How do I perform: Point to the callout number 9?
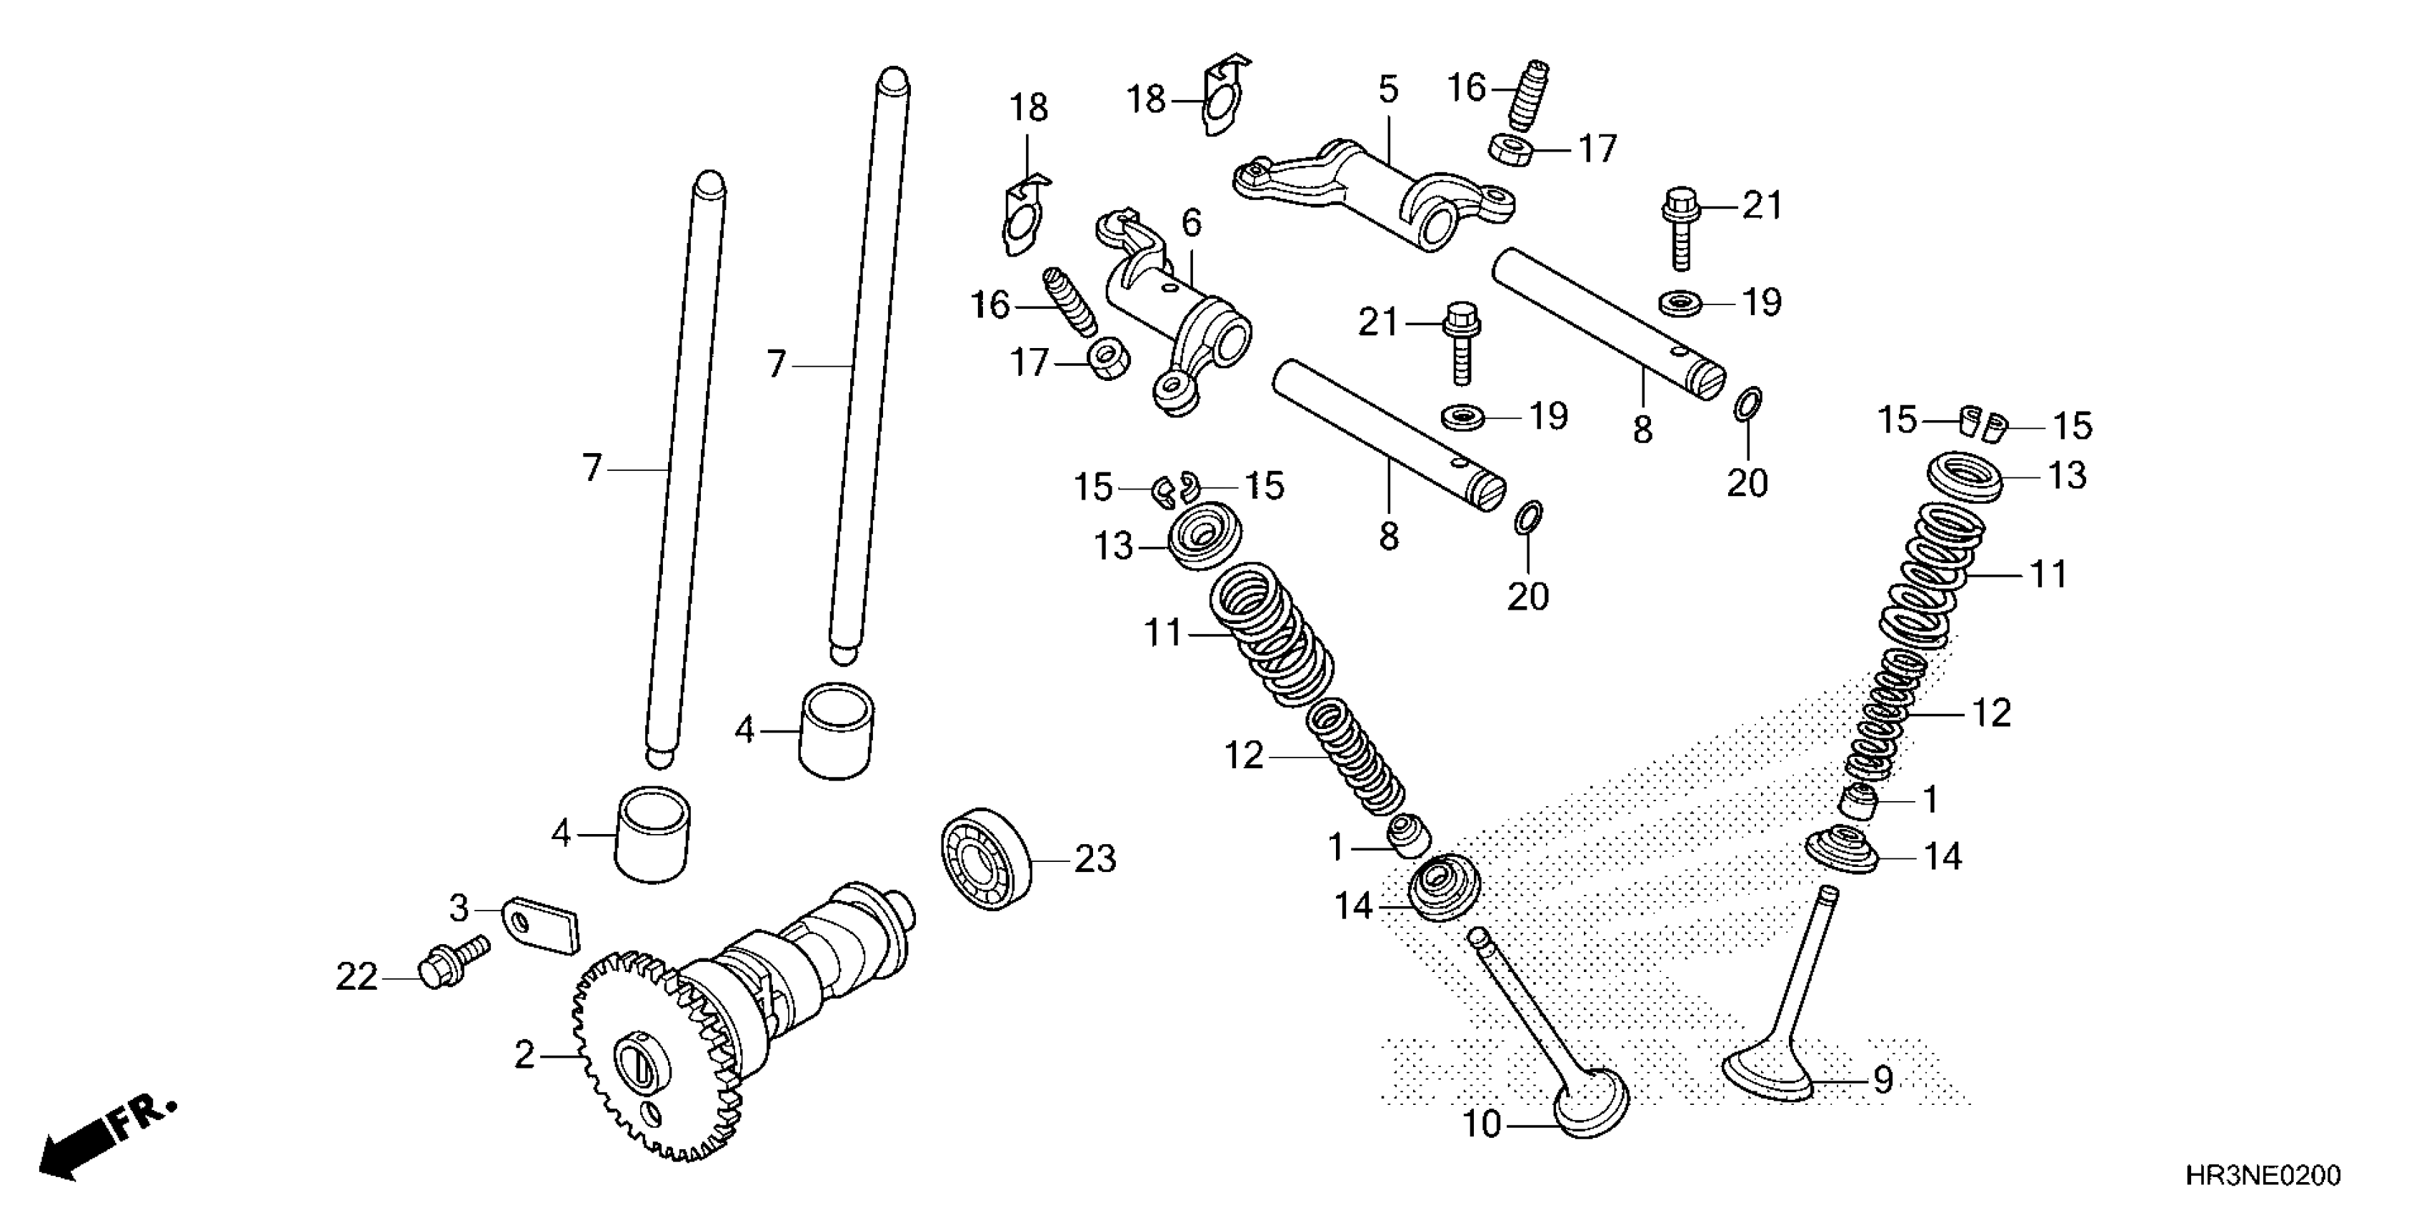1883,1079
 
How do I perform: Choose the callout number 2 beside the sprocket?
524,1055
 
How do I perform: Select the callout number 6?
1192,224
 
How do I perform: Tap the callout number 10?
1482,1124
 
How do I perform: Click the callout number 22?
356,977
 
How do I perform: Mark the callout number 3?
458,909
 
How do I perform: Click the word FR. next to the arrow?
144,1115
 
